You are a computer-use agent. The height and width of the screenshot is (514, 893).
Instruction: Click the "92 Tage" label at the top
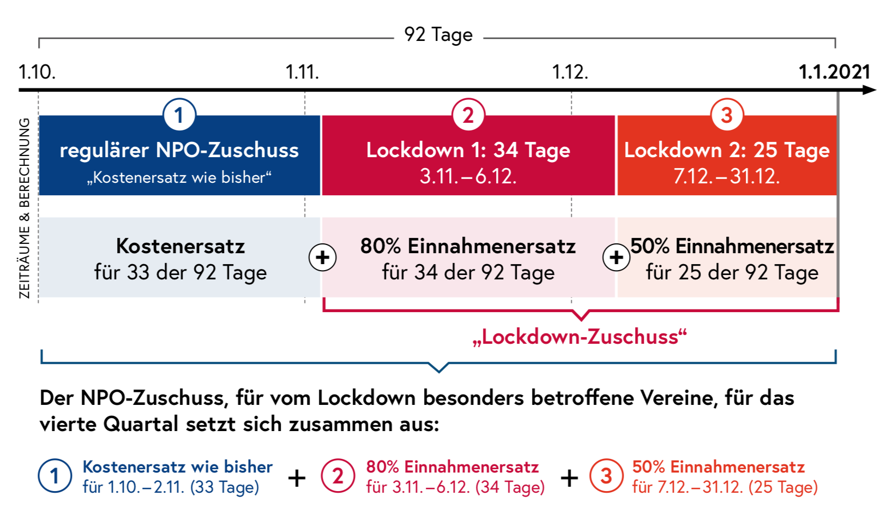click(x=438, y=35)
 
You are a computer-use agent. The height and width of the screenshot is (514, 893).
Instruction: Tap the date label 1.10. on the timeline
click(x=37, y=72)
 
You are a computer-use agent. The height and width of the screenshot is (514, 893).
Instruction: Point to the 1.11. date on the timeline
click(x=303, y=72)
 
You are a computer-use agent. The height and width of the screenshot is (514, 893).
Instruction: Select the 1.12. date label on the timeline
click(x=570, y=72)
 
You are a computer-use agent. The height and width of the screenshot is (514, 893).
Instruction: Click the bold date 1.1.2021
click(x=834, y=72)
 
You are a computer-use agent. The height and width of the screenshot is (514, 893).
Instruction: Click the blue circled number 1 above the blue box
click(x=179, y=115)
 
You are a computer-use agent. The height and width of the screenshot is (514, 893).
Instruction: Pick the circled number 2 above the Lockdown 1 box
click(x=468, y=115)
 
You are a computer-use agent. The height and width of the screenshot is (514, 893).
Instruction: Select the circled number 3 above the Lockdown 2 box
click(x=727, y=115)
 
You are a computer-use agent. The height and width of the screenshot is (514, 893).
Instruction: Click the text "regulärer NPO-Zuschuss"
click(x=179, y=150)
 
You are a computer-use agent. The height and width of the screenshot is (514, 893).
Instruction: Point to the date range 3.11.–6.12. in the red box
click(x=468, y=176)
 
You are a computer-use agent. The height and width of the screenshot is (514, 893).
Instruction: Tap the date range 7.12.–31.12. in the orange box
click(x=727, y=176)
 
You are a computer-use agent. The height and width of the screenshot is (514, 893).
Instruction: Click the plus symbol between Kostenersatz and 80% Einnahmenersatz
click(x=322, y=257)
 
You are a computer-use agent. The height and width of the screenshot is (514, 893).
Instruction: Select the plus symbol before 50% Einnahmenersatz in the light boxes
click(x=616, y=257)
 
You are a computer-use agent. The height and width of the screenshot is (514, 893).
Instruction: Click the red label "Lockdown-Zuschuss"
click(x=580, y=337)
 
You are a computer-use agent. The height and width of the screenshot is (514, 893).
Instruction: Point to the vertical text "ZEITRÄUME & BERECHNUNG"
click(x=25, y=208)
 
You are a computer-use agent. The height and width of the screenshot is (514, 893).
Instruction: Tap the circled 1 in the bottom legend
click(x=55, y=476)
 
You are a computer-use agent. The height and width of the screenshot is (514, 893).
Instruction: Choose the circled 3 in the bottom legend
click(x=606, y=476)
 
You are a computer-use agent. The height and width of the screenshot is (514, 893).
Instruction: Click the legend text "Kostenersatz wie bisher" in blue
click(x=178, y=467)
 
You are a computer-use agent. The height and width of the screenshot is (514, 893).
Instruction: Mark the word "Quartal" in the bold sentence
click(x=141, y=424)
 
